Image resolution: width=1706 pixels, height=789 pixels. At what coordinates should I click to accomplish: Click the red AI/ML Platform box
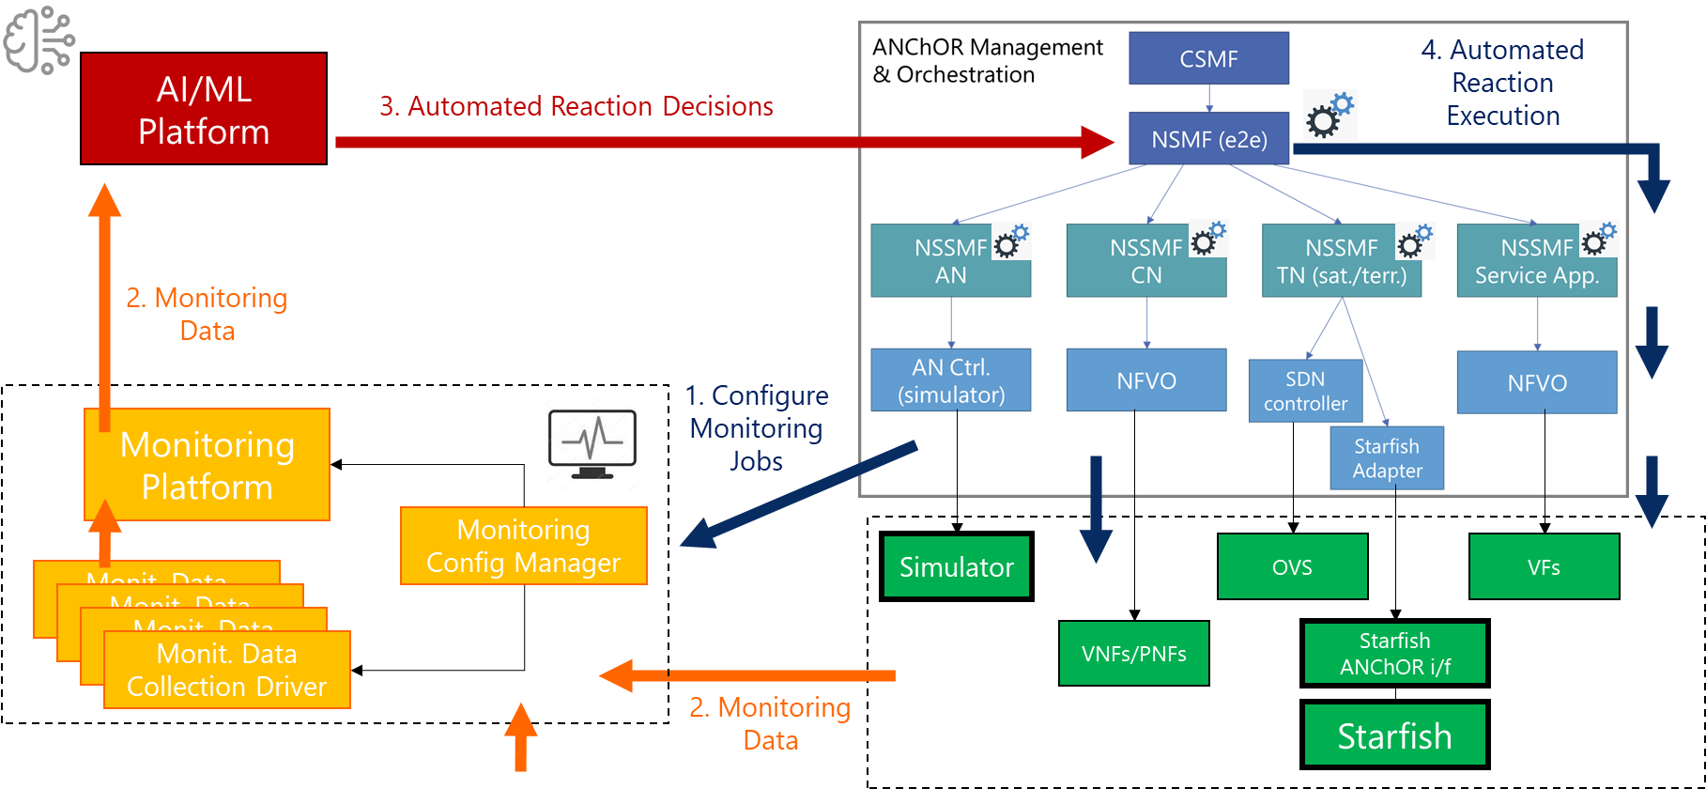(204, 109)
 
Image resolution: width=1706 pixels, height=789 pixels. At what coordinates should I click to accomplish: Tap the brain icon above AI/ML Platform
(38, 39)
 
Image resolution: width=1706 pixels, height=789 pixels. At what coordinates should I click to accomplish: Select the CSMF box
(1208, 59)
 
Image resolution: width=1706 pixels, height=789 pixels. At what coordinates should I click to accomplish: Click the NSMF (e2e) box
(1208, 139)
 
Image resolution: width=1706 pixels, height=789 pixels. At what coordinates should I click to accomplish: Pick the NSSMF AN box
(950, 262)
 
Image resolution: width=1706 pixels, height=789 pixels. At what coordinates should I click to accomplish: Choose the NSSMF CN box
(1145, 262)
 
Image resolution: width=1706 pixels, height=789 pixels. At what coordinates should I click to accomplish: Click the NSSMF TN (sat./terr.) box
(1341, 262)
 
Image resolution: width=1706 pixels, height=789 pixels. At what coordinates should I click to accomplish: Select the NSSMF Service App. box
(1536, 262)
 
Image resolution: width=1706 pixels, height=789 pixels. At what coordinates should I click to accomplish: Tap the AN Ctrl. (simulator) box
(950, 380)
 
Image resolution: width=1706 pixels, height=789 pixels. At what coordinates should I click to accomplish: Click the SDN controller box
(1304, 391)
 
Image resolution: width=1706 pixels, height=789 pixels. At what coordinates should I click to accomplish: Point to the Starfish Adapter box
(1387, 458)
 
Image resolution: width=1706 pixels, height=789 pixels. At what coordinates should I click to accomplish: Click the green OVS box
(1292, 567)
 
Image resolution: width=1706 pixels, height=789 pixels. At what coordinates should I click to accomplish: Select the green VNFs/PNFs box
(1133, 654)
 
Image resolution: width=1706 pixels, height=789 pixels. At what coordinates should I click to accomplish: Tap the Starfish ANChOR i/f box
(1394, 654)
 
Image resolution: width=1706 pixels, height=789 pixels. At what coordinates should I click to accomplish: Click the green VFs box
(1544, 567)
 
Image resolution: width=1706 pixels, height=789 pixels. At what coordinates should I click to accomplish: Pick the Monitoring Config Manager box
(523, 547)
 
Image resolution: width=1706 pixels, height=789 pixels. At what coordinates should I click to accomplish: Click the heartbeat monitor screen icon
(592, 443)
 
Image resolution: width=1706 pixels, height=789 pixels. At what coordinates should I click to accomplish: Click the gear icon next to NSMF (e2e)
(1329, 116)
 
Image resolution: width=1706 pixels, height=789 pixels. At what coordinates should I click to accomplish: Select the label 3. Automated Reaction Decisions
(576, 106)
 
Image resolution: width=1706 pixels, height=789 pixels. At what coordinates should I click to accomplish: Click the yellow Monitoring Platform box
(207, 465)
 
